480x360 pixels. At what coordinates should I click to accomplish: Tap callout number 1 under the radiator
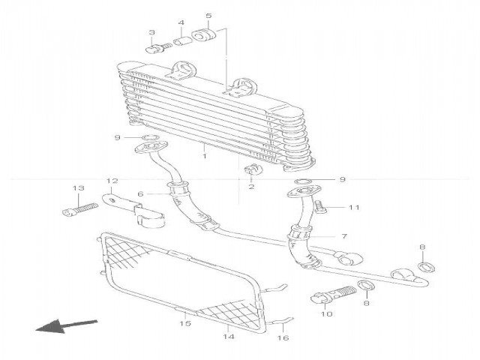[204, 157]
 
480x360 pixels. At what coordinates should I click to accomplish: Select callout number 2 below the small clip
[250, 186]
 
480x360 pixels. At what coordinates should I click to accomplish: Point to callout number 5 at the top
[208, 16]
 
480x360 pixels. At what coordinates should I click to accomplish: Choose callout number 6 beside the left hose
[139, 194]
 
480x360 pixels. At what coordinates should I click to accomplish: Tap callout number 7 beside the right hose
[344, 236]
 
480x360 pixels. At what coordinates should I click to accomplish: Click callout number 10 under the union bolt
[326, 315]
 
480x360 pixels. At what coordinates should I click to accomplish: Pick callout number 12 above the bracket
[112, 181]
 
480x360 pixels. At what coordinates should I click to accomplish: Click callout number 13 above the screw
[76, 187]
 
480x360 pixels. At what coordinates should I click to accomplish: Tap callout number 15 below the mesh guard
[185, 324]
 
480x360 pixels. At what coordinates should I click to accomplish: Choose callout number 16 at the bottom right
[283, 338]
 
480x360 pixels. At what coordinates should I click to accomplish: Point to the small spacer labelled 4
[181, 42]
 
